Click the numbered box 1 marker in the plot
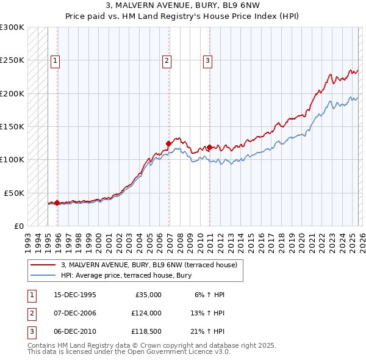[56, 60]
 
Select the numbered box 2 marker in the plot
[167, 60]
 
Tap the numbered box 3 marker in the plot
[207, 60]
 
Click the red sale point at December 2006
[168, 144]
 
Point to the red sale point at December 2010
[209, 147]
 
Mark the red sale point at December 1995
[57, 203]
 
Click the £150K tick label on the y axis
[12, 126]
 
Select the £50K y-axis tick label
[15, 193]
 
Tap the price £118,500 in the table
[146, 331]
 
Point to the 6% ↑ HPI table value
[210, 295]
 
